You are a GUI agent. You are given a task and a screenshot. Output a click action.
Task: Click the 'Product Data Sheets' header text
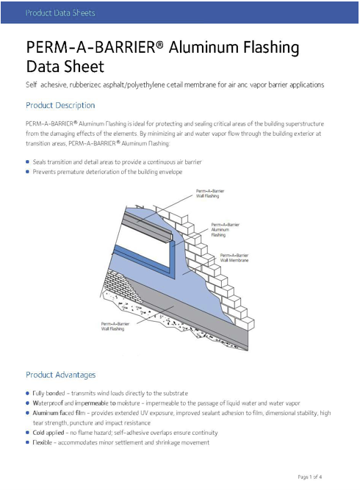(x=60, y=12)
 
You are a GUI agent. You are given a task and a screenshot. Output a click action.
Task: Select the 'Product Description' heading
(x=60, y=105)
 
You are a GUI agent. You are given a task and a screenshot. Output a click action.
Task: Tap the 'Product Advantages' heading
(x=61, y=375)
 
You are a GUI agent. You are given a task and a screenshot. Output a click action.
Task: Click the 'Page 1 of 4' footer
(x=310, y=477)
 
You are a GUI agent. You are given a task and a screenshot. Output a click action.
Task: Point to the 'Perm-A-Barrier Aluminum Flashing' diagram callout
(x=225, y=230)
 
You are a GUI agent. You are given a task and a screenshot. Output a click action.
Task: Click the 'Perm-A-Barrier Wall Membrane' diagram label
(x=234, y=258)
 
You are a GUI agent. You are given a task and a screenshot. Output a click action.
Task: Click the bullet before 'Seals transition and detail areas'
(x=27, y=162)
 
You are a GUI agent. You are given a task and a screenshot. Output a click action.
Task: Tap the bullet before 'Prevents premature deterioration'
(x=27, y=172)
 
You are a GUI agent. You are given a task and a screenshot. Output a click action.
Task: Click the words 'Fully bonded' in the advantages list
(x=48, y=393)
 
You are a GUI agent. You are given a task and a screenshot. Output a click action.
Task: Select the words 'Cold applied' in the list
(x=48, y=433)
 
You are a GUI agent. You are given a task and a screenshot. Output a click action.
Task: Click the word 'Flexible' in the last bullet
(x=42, y=442)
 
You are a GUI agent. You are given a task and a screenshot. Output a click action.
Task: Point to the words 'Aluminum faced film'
(x=59, y=413)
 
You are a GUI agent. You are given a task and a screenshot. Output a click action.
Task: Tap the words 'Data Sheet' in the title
(x=65, y=67)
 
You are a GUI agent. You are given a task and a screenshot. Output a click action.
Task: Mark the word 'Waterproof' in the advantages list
(x=48, y=403)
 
